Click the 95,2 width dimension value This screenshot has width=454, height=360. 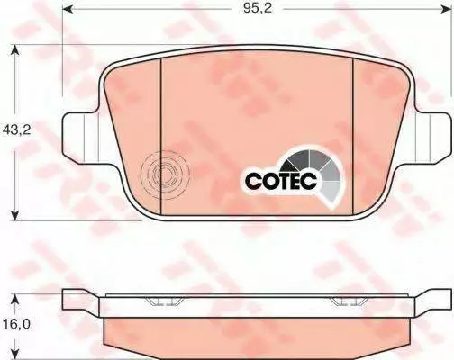(258, 8)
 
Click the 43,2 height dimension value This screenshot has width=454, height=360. (16, 130)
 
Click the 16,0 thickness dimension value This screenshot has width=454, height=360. (17, 324)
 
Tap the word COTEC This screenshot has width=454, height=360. (281, 181)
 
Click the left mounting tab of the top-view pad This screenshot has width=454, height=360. (81, 138)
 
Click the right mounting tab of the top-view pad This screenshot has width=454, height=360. (432, 138)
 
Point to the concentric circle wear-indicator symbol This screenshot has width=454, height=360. (165, 175)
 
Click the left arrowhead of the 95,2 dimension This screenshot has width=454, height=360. (68, 9)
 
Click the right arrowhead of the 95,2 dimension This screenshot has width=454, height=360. (447, 9)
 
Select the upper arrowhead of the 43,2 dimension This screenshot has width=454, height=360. (14, 51)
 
